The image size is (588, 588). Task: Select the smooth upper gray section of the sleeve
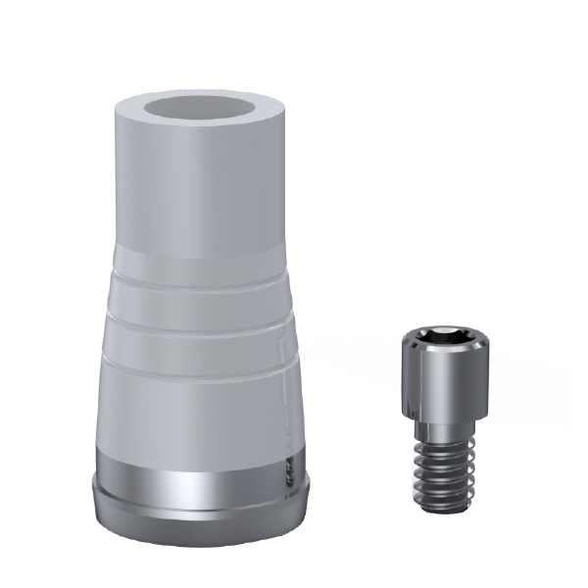201,196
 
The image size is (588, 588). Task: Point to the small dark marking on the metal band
288,471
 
